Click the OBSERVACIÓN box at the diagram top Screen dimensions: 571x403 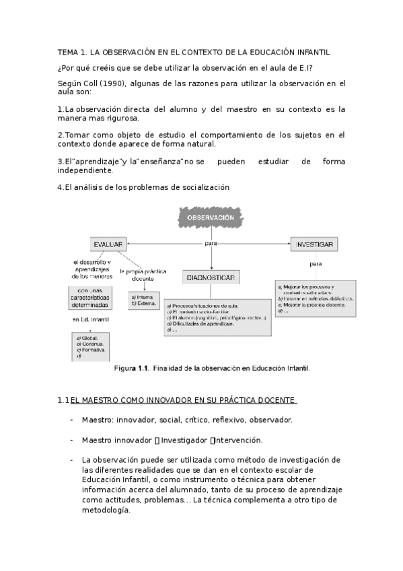(209, 217)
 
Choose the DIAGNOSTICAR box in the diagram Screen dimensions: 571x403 (209, 277)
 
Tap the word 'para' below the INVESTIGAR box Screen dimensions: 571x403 (316, 263)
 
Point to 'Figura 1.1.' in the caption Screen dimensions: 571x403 (131, 368)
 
